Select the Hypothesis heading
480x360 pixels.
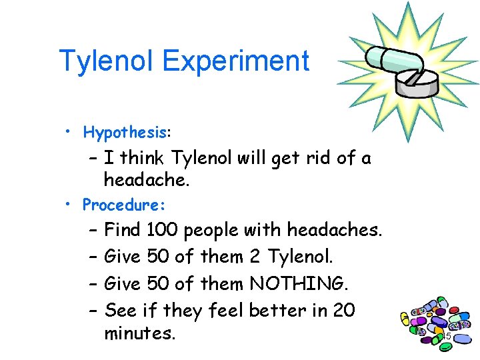127,132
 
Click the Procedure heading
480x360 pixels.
123,203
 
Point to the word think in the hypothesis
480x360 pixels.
143,159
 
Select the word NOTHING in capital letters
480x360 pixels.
298,284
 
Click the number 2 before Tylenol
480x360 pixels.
257,257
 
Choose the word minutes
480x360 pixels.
140,333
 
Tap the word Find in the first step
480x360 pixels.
123,231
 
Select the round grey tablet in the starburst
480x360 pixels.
417,81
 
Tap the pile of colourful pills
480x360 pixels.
437,325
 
